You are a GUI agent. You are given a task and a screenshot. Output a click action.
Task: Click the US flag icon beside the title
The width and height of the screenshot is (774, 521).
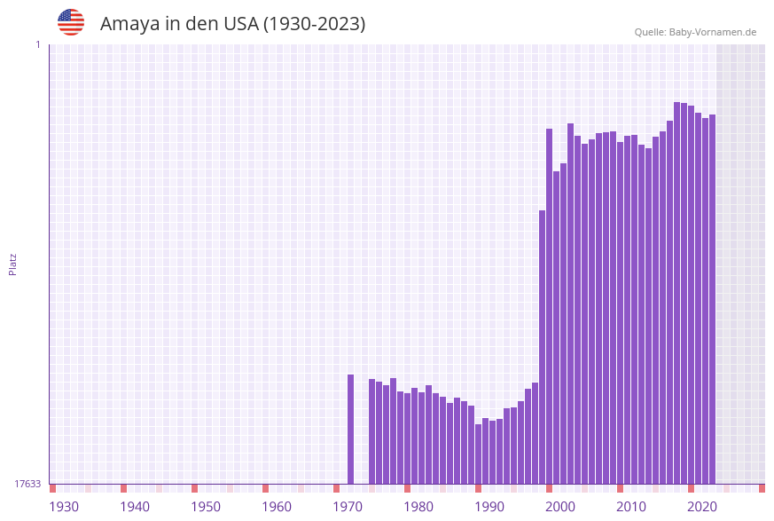pyautogui.click(x=71, y=22)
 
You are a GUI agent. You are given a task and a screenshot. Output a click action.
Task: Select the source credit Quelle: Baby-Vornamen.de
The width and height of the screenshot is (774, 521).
pyautogui.click(x=695, y=32)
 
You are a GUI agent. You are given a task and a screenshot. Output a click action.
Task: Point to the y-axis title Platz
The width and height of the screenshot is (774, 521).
pyautogui.click(x=13, y=264)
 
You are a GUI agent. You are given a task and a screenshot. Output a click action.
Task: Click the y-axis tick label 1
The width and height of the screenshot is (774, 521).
pyautogui.click(x=37, y=44)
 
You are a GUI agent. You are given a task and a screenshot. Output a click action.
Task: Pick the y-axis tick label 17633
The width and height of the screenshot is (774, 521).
pyautogui.click(x=27, y=484)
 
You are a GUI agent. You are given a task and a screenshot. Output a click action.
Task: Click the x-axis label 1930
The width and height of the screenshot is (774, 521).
pyautogui.click(x=64, y=507)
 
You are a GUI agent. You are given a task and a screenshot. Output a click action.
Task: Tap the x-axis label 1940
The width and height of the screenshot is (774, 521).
pyautogui.click(x=135, y=507)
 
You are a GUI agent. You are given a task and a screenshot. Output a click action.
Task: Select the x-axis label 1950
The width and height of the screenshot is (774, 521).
pyautogui.click(x=206, y=507)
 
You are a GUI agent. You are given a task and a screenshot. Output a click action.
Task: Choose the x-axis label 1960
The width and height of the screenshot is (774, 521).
pyautogui.click(x=277, y=507)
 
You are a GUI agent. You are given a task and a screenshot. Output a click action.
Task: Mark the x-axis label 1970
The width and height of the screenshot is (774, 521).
pyautogui.click(x=348, y=507)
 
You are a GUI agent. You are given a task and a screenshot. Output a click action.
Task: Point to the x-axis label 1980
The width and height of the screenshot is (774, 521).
pyautogui.click(x=418, y=507)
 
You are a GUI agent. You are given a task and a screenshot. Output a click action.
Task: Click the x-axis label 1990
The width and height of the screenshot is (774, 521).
pyautogui.click(x=489, y=507)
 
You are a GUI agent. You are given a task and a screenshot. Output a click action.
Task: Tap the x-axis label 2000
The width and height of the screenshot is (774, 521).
pyautogui.click(x=560, y=507)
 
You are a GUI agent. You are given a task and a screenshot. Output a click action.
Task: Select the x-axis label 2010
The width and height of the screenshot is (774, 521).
pyautogui.click(x=631, y=507)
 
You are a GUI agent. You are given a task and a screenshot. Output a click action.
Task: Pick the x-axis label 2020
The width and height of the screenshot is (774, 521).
pyautogui.click(x=702, y=507)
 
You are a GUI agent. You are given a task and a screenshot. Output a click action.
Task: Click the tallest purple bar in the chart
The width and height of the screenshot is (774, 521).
pyautogui.click(x=677, y=293)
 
